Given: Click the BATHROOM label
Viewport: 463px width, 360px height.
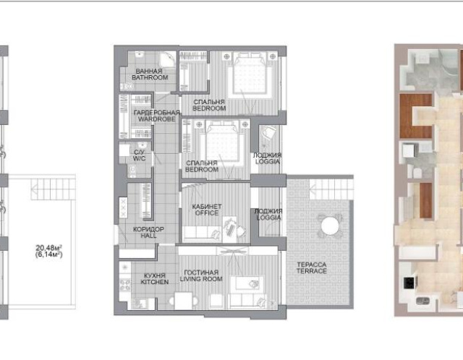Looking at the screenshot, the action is tap(150, 77).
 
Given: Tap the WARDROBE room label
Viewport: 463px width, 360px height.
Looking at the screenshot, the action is tap(157, 119).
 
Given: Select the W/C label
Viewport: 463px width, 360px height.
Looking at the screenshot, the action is tap(139, 159).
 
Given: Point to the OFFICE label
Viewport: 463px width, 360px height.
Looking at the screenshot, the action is tap(207, 213).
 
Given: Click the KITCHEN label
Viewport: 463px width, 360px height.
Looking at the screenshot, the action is tap(155, 282).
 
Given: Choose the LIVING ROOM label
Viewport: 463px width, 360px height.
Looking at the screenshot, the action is tap(201, 279).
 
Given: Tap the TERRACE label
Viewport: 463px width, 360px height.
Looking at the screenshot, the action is tap(312, 271).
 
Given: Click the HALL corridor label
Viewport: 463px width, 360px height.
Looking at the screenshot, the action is tap(148, 236).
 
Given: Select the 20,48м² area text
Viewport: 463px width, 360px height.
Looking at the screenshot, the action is tap(49, 248).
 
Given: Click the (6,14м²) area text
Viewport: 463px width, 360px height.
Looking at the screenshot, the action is tap(49, 254).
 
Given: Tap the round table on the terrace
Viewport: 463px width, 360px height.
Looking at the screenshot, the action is tap(330, 226).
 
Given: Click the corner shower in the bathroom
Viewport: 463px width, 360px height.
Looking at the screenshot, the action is tap(167, 60).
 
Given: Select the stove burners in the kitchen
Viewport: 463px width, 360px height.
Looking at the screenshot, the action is tap(125, 285).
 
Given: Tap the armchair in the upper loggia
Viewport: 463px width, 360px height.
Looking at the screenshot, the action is tap(269, 133).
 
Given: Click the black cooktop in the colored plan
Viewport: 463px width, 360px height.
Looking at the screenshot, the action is tap(409, 283).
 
